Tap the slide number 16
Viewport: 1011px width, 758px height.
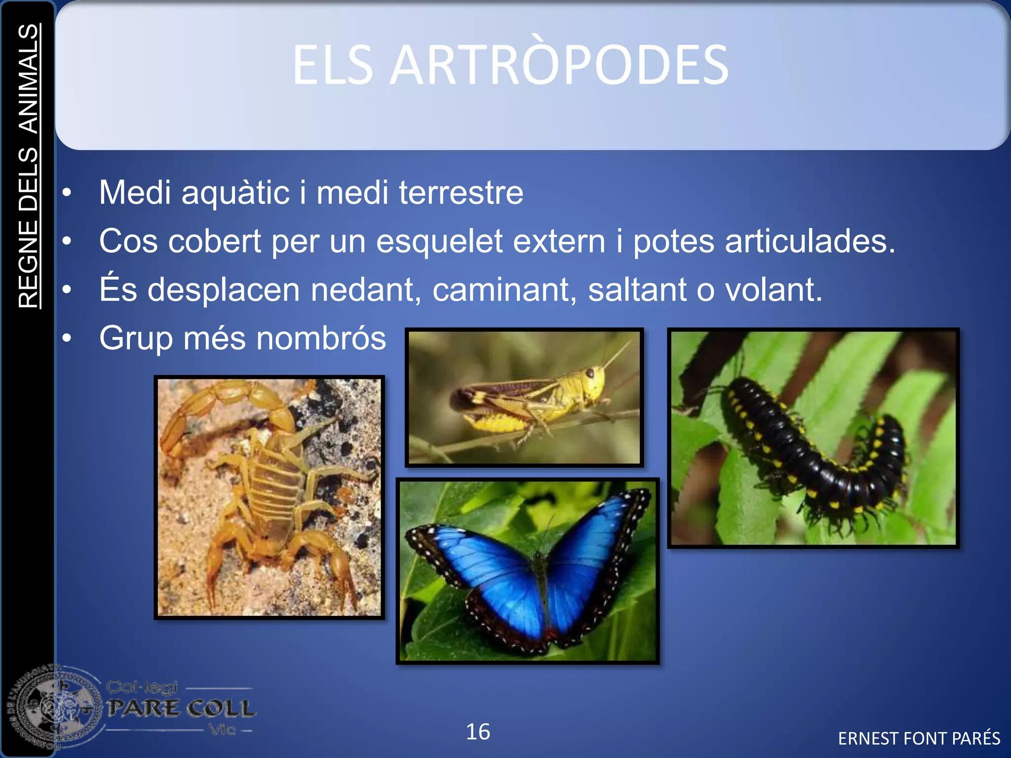tap(478, 732)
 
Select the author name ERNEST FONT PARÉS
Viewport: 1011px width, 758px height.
tap(919, 739)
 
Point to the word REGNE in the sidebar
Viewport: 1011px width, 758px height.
tap(29, 264)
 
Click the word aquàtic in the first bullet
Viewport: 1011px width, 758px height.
tap(235, 193)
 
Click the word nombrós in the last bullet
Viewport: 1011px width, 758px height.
tap(321, 339)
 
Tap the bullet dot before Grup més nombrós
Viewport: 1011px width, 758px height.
tap(67, 339)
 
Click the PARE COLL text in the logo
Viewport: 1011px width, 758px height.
tap(181, 708)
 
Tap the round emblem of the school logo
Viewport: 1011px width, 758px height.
tap(54, 709)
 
